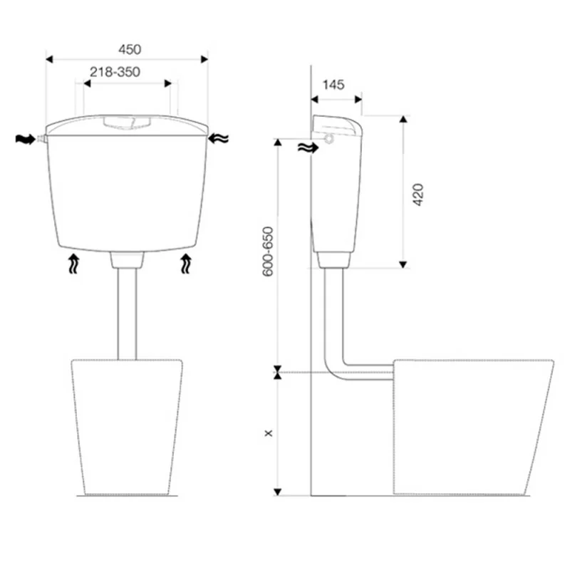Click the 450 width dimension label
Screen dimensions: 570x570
click(x=130, y=49)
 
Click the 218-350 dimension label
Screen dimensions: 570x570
click(x=115, y=72)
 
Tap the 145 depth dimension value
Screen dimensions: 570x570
click(x=333, y=85)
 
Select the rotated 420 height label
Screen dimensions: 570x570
click(x=418, y=195)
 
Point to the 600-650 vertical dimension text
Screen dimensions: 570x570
click(x=268, y=252)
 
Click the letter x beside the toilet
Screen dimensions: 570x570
click(x=269, y=433)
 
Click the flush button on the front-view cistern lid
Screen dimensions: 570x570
click(x=127, y=122)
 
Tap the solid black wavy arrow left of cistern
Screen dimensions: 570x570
click(x=25, y=139)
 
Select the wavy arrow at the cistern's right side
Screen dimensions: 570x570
click(x=219, y=138)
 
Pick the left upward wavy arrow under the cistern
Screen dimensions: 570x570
click(x=74, y=264)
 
